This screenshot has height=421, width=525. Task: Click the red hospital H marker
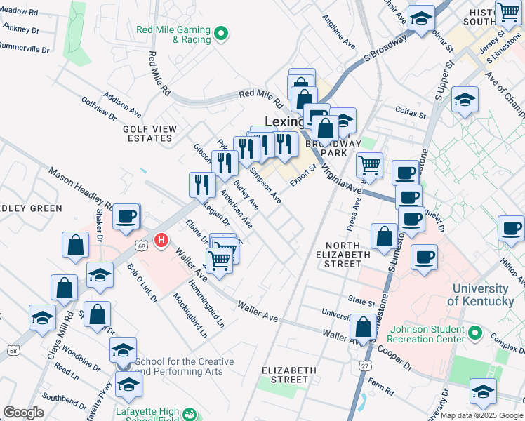coord(161,241)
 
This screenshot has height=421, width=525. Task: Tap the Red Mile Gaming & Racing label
coord(173,34)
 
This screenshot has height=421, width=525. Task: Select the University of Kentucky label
coord(480,295)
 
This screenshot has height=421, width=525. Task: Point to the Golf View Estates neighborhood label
coord(147,133)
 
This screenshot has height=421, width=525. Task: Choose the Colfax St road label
coord(411,114)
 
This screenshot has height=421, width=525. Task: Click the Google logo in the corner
coord(23,413)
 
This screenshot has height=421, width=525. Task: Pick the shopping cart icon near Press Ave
coord(369,166)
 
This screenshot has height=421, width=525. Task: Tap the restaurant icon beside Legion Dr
coord(202,185)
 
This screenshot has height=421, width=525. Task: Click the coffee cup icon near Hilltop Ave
coord(511,228)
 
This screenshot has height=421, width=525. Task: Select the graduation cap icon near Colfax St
coord(465,100)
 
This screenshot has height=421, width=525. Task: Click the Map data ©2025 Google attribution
coord(481,415)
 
